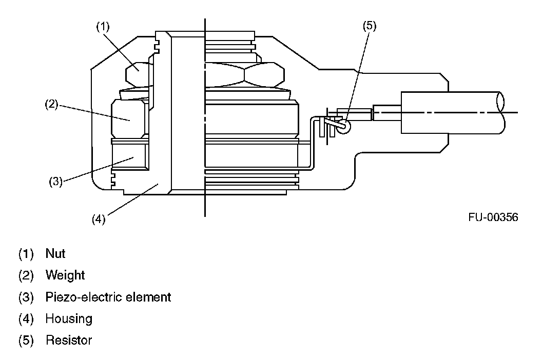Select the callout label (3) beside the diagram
[55, 181]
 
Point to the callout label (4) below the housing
[99, 219]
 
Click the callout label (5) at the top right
[370, 27]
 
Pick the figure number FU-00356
[493, 217]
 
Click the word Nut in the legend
[55, 253]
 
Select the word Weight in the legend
[65, 275]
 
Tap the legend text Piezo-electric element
[108, 297]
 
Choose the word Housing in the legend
[69, 318]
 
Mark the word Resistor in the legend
[69, 340]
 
